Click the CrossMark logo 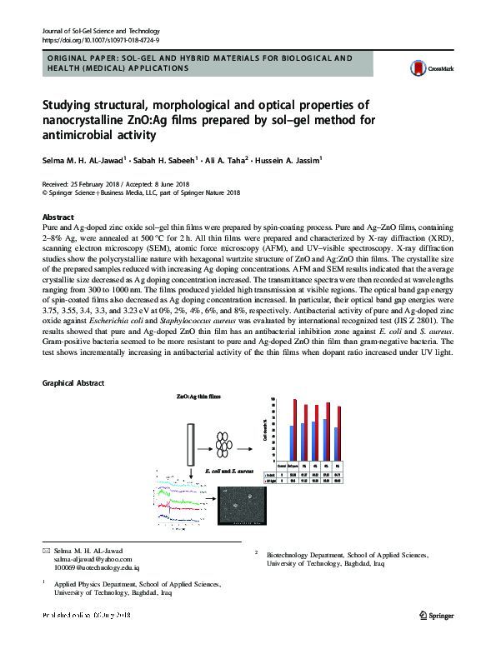pyautogui.click(x=425, y=70)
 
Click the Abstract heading pyautogui.click(x=58, y=215)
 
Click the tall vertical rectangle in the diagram pyautogui.click(x=193, y=442)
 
